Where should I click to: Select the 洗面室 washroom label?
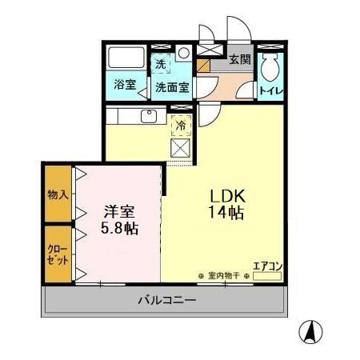click(172, 87)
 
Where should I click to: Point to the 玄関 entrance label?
click(238, 58)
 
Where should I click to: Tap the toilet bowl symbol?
click(270, 67)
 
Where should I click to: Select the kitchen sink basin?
click(149, 117)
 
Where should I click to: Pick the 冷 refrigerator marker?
click(182, 126)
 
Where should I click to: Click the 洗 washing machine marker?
click(161, 64)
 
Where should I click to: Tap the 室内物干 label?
click(224, 276)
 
